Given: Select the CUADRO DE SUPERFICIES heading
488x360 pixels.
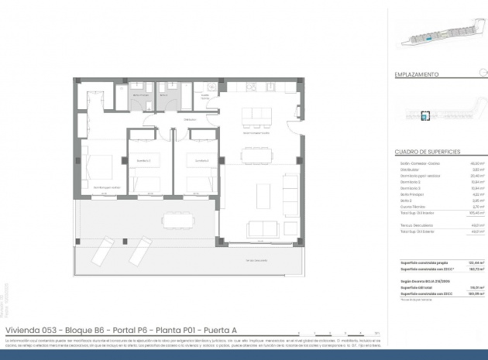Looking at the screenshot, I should [428, 150].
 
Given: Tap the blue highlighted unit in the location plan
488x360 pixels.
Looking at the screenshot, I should [424, 115].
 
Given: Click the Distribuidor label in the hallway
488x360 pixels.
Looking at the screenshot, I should [190, 120].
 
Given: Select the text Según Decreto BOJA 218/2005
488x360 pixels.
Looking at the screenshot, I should [424, 280].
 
